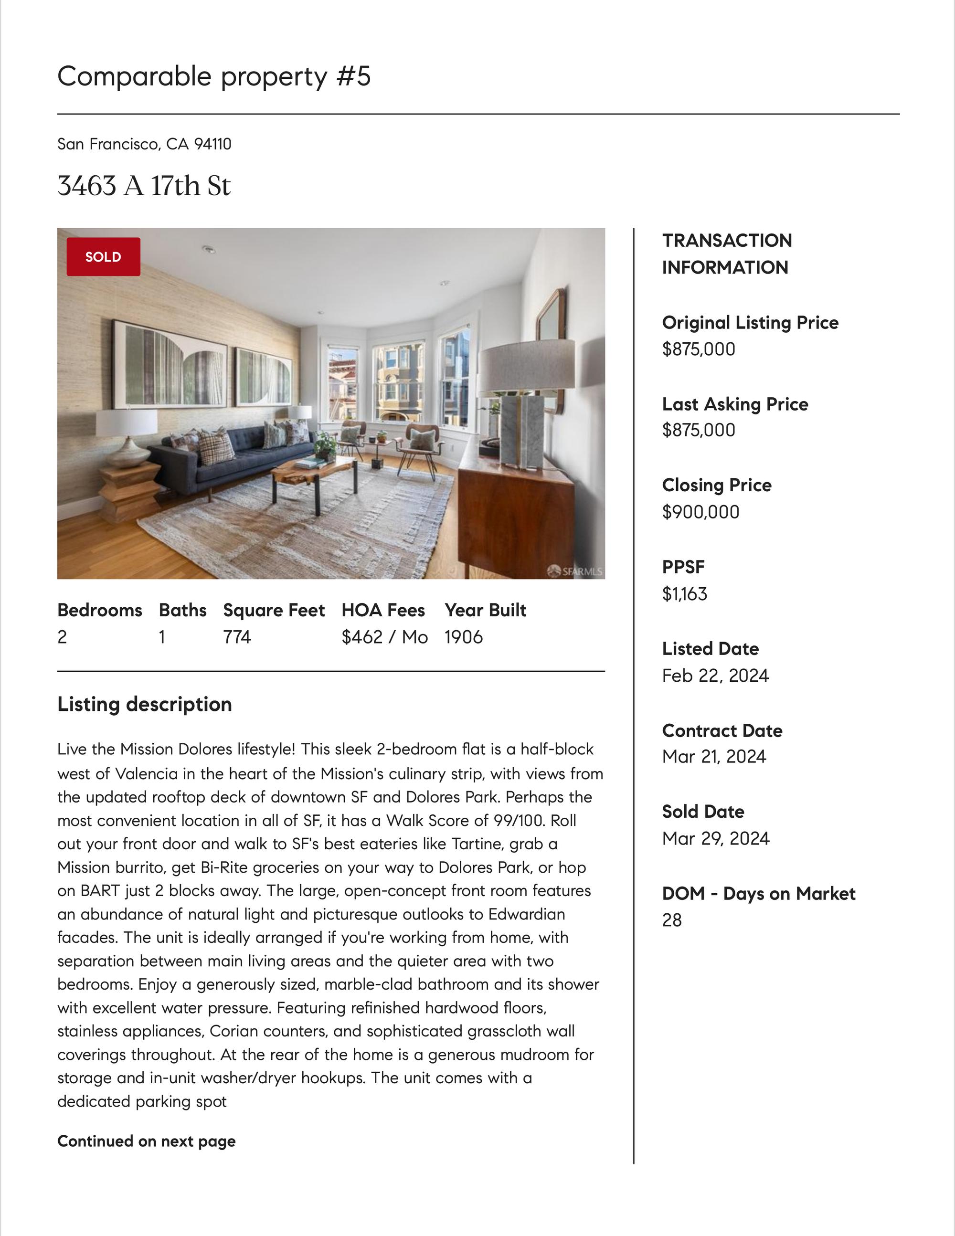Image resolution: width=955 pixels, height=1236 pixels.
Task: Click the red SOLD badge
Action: tap(103, 257)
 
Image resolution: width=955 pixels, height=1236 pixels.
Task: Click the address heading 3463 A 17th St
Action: tap(144, 186)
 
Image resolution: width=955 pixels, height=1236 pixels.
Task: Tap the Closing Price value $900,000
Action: tap(700, 512)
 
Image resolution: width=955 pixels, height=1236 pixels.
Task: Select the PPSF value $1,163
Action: tap(684, 594)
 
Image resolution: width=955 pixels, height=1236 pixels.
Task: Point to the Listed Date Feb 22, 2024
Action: tap(715, 676)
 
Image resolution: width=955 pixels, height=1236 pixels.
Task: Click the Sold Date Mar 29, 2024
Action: tap(716, 839)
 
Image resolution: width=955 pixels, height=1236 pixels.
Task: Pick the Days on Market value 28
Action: tap(671, 920)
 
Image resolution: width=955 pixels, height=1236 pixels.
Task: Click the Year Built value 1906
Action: tap(463, 637)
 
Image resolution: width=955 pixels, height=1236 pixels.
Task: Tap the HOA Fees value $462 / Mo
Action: tap(384, 637)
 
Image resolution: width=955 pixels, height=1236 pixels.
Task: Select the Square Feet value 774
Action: tap(237, 637)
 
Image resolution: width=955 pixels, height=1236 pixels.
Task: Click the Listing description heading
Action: tap(144, 704)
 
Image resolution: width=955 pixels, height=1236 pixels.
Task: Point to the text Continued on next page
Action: tap(146, 1141)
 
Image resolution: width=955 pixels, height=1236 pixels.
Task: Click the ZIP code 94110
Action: tap(213, 144)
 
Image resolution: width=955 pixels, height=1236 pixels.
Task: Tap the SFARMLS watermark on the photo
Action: tap(575, 571)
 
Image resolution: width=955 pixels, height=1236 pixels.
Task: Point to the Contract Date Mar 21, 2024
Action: tap(714, 757)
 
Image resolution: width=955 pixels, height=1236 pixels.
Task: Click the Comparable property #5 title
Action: tap(214, 76)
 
